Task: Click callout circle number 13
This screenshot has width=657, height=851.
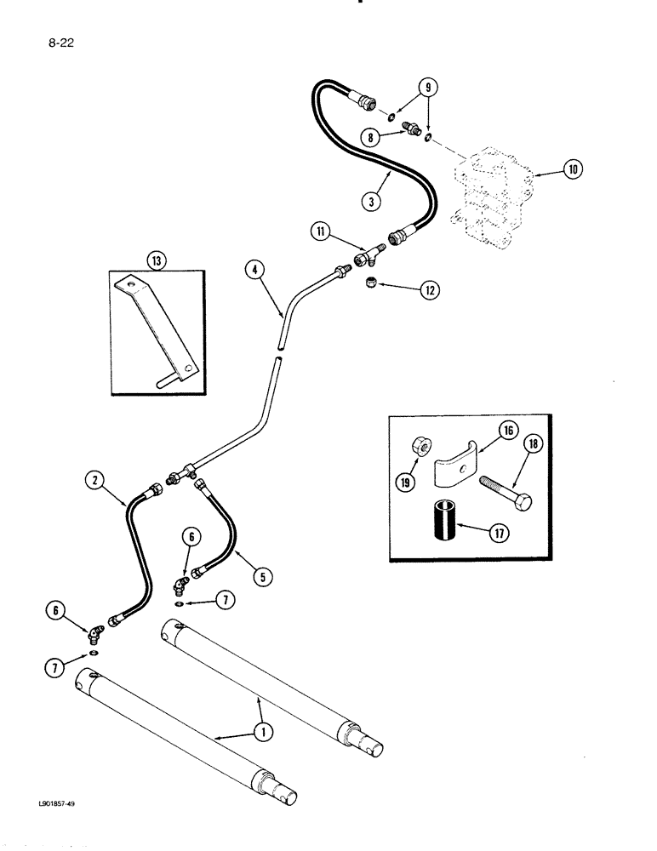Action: tap(154, 262)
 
